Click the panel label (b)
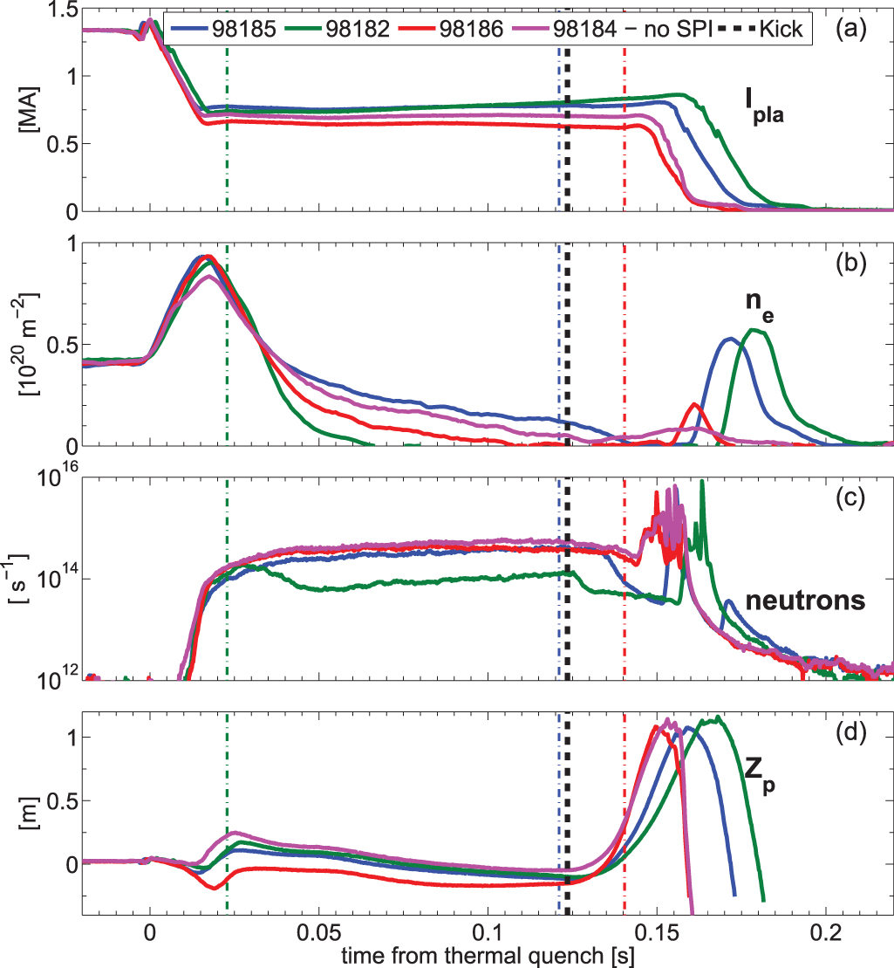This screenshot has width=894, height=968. [x=850, y=263]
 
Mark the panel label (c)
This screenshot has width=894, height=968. [x=850, y=498]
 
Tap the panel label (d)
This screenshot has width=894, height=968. [x=850, y=731]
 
